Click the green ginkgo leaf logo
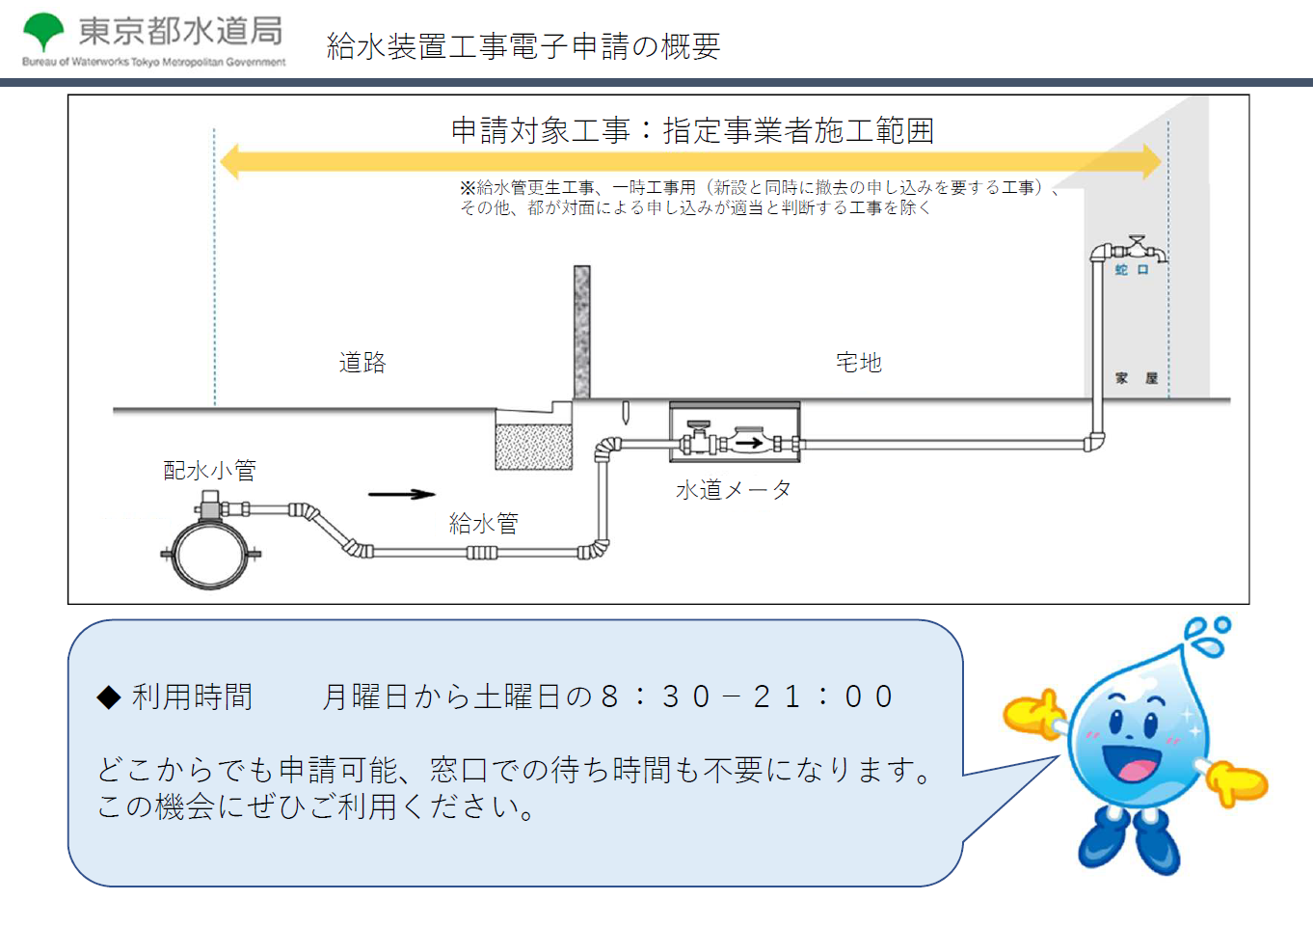click(42, 31)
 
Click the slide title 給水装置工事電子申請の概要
click(523, 46)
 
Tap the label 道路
click(362, 363)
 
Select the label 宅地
click(859, 363)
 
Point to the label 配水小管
click(209, 471)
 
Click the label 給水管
click(484, 523)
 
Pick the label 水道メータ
click(734, 490)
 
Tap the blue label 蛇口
click(1132, 270)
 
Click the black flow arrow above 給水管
click(402, 495)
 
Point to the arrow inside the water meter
click(749, 443)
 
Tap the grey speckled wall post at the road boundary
click(581, 332)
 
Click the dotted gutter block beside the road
click(533, 447)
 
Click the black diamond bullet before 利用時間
click(109, 697)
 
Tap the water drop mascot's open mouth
click(1132, 762)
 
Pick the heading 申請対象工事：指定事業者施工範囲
click(692, 130)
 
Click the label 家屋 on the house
click(1137, 378)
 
